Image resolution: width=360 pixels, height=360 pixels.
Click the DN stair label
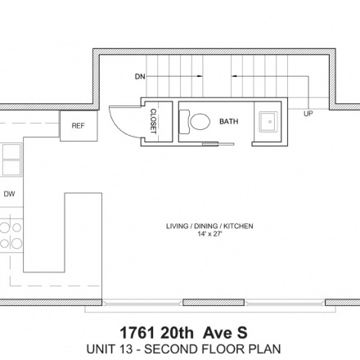tap(140, 77)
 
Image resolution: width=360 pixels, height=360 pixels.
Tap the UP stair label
tap(308, 114)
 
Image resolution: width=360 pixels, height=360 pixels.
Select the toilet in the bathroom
tap(195, 121)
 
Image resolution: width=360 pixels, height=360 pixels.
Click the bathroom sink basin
tap(268, 122)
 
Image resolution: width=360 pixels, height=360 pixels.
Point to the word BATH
tap(229, 121)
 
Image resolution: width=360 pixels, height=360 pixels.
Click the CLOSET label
tap(154, 121)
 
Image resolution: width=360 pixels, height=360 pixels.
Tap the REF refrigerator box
tap(79, 126)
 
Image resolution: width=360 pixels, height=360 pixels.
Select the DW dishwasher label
tap(9, 194)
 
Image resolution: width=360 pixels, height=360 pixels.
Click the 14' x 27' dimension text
tap(209, 234)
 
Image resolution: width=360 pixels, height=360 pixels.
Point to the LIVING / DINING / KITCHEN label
tap(209, 226)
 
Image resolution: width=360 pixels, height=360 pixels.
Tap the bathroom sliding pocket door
tap(218, 144)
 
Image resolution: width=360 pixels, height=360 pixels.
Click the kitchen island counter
tap(63, 232)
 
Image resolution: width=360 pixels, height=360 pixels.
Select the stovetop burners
tap(11, 235)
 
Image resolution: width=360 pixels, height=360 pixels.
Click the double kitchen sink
tap(11, 160)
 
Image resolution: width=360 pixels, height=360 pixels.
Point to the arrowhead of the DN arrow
tap(200, 76)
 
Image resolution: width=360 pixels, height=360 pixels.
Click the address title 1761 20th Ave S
tap(183, 333)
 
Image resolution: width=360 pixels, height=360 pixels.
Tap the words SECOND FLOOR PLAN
tap(213, 349)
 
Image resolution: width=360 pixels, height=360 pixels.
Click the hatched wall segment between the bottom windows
tap(214, 303)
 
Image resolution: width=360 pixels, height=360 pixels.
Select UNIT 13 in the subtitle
tap(110, 349)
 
